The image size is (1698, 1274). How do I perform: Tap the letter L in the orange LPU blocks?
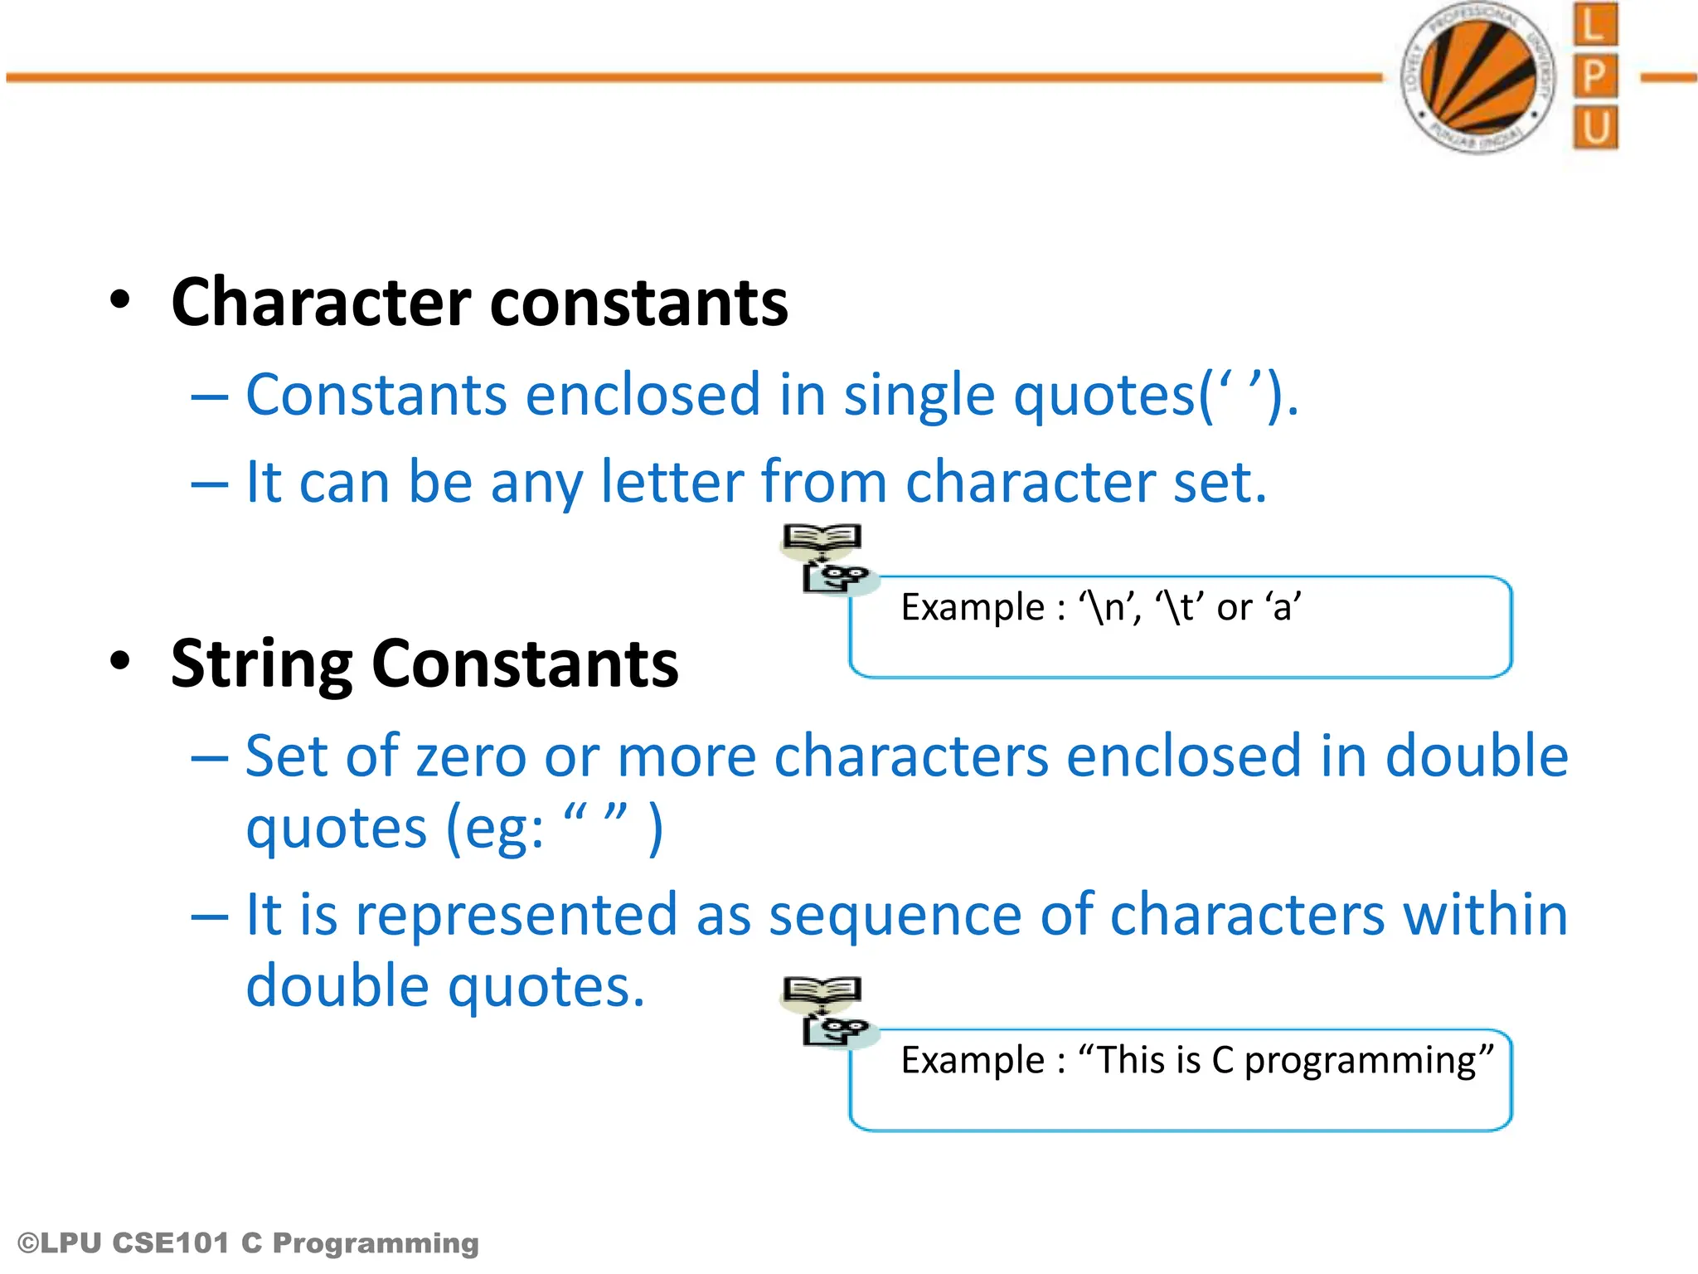1594,25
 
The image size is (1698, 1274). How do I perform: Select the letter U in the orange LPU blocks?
1594,129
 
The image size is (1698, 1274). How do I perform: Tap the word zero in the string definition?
470,756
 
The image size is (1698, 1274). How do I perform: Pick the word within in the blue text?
1485,914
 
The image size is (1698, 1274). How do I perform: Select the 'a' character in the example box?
1283,608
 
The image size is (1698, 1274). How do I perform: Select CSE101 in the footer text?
170,1243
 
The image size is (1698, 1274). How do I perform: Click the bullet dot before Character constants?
120,300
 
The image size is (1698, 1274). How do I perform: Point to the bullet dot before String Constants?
120,662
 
